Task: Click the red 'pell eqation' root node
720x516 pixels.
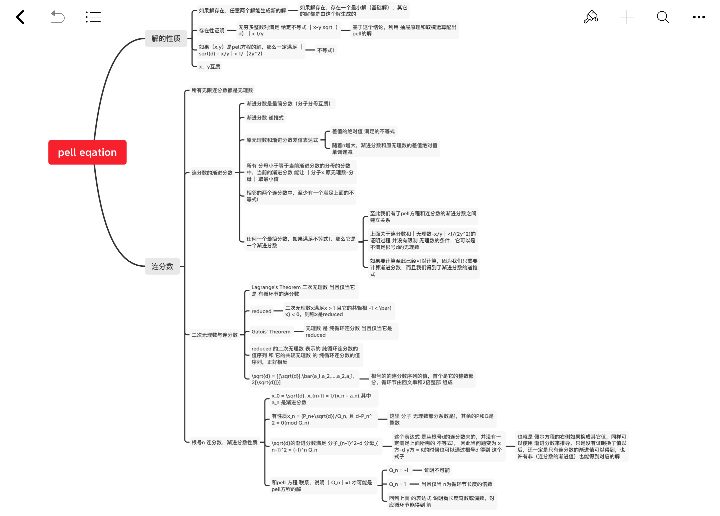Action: [x=87, y=152]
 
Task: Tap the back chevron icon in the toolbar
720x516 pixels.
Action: [x=20, y=17]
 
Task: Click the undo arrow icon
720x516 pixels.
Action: [x=58, y=17]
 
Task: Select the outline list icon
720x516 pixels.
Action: [x=93, y=17]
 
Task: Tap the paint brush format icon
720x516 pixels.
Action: [x=591, y=17]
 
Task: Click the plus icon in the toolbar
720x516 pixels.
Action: [x=627, y=17]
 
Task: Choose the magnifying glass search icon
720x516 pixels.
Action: [x=663, y=17]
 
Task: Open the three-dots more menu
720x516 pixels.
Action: [x=699, y=17]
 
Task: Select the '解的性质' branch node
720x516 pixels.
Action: [x=166, y=38]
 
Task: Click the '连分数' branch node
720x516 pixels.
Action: [x=162, y=266]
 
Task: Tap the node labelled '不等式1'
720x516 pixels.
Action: [x=325, y=50]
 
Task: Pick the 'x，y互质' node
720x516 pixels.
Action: [x=209, y=67]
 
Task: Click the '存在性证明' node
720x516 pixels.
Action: [x=212, y=31]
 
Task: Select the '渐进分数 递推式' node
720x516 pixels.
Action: [x=265, y=118]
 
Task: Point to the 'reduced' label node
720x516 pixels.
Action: [x=261, y=311]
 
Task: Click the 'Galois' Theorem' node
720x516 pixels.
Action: [x=271, y=332]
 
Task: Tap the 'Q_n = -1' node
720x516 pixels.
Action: [x=399, y=470]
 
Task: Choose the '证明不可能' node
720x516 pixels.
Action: [x=437, y=470]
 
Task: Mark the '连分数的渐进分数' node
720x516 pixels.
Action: [x=212, y=173]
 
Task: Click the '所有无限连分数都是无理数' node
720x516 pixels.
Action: [x=222, y=90]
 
